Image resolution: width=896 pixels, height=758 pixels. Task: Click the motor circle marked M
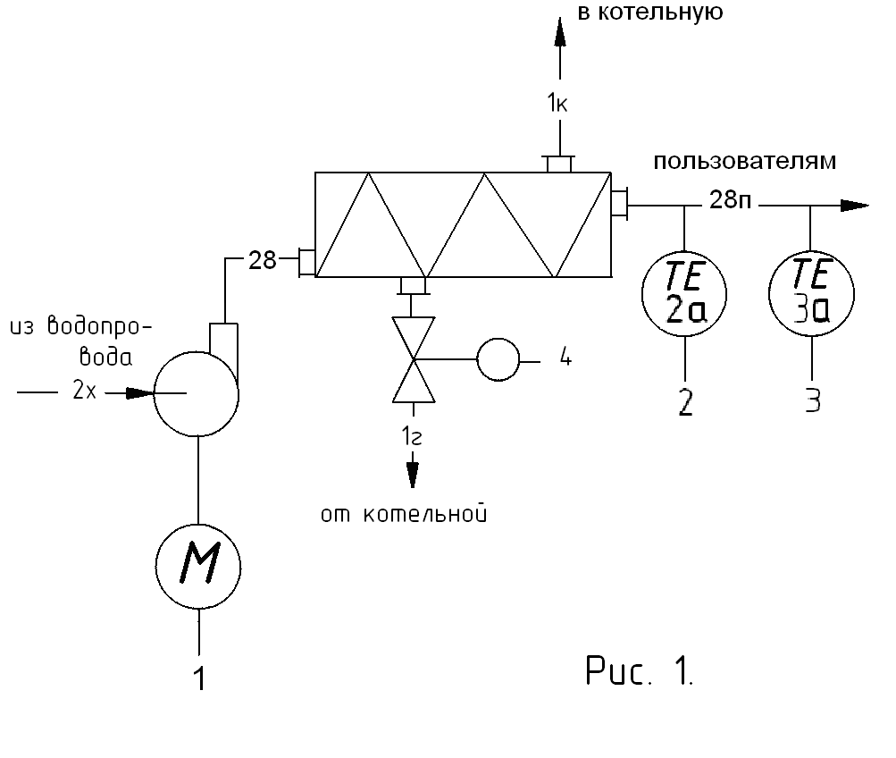tap(199, 565)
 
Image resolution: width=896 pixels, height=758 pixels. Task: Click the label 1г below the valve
tap(413, 437)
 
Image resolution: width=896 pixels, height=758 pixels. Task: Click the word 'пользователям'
tap(745, 162)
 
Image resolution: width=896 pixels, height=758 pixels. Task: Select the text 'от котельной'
tap(406, 515)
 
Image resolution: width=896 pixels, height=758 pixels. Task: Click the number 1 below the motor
tap(200, 679)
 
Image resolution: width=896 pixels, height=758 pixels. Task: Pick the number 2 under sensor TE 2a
tap(685, 402)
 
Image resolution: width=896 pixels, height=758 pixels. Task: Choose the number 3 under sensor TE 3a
tap(811, 400)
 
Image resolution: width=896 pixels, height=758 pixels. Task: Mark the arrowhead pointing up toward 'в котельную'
tap(560, 34)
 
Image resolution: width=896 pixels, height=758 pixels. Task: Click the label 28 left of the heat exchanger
tap(262, 261)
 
